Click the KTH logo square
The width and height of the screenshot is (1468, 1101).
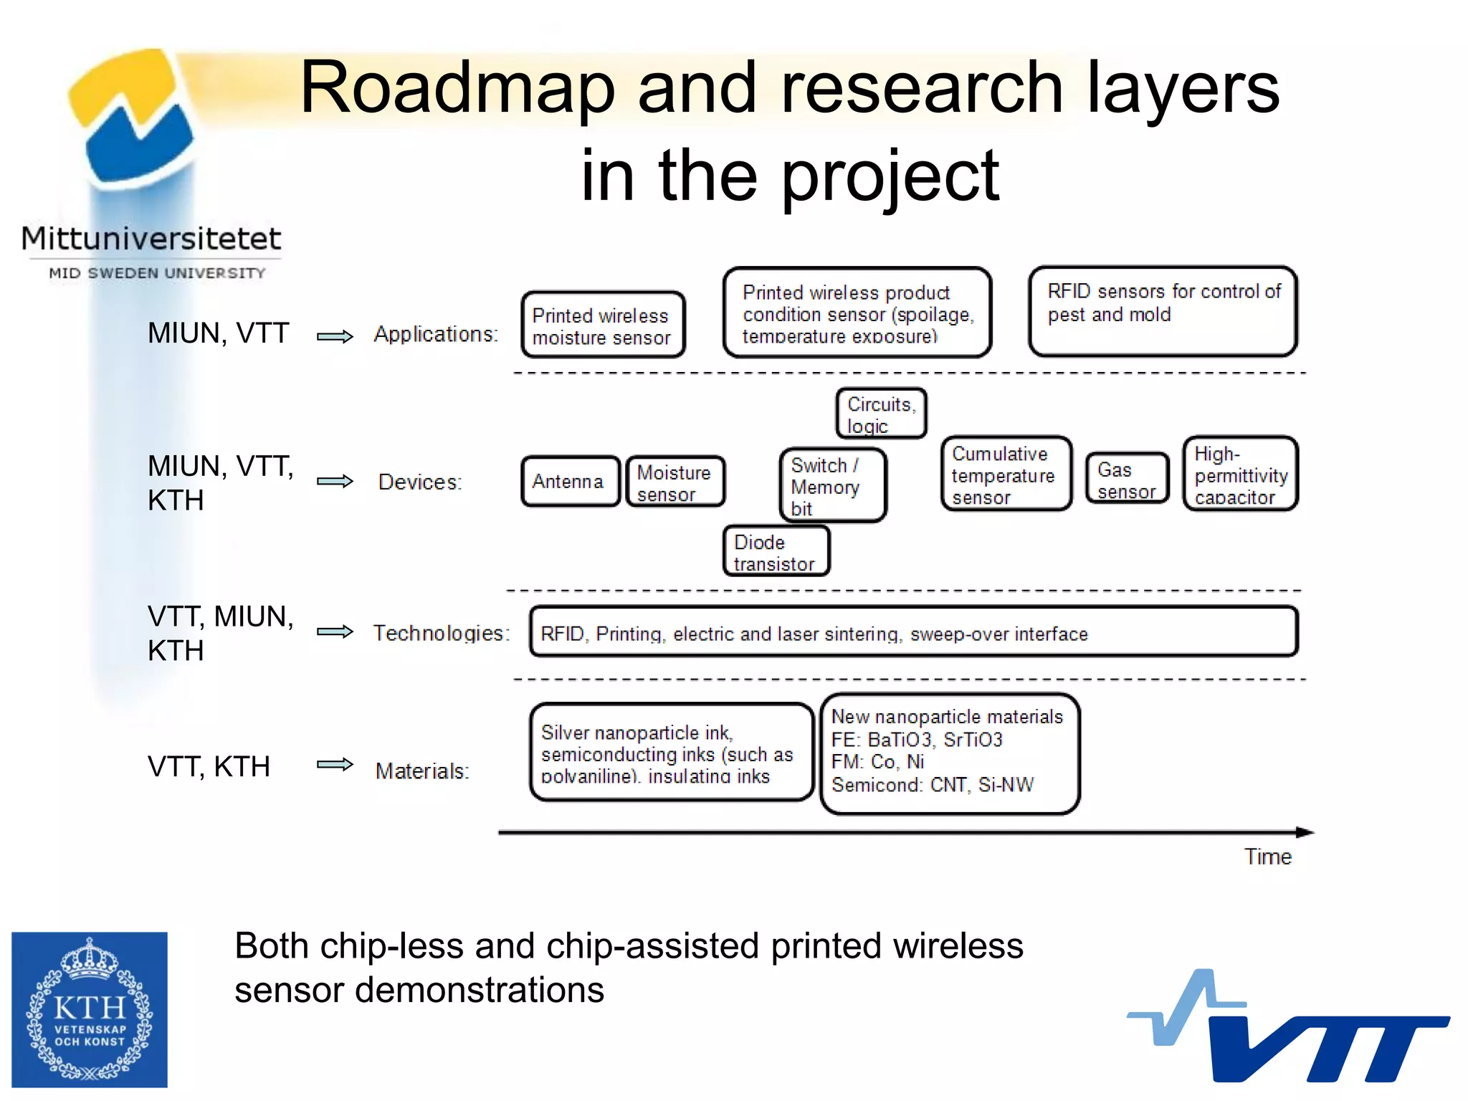pyautogui.click(x=90, y=1009)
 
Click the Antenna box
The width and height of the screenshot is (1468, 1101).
pyautogui.click(x=569, y=482)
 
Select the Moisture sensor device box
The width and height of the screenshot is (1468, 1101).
pyautogui.click(x=675, y=482)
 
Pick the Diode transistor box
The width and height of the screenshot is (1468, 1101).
pyautogui.click(x=776, y=551)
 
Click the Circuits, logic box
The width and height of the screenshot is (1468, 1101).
pyautogui.click(x=881, y=414)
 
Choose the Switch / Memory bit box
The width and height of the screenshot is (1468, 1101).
pyautogui.click(x=832, y=486)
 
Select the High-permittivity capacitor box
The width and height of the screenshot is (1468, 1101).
pyautogui.click(x=1240, y=475)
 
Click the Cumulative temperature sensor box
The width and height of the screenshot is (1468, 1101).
pyautogui.click(x=1006, y=475)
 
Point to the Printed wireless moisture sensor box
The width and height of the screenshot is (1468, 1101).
pyautogui.click(x=603, y=325)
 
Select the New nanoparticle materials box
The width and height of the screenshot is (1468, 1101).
pyautogui.click(x=949, y=753)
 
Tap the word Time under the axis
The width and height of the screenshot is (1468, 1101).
pyautogui.click(x=1267, y=857)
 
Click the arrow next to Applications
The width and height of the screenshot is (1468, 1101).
pyautogui.click(x=335, y=336)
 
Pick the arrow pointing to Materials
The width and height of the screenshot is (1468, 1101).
pyautogui.click(x=335, y=764)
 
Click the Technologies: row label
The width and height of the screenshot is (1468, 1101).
pyautogui.click(x=441, y=633)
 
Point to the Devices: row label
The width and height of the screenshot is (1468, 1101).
pyautogui.click(x=420, y=482)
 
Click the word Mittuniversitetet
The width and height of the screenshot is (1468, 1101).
pyautogui.click(x=151, y=238)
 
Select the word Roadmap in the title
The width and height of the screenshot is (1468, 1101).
pyautogui.click(x=457, y=87)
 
